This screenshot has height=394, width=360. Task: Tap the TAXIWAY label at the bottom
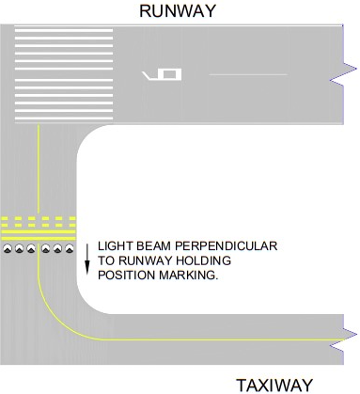(x=274, y=385)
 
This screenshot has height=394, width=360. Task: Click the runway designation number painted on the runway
(x=162, y=73)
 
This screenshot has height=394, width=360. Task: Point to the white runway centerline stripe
(x=247, y=73)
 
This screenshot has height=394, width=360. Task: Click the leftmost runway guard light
(x=8, y=250)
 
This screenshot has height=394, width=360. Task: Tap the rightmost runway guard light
(x=68, y=250)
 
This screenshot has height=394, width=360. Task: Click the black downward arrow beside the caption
(x=87, y=259)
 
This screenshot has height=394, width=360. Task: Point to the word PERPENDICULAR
(x=230, y=244)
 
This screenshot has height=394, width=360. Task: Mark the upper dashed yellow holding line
(x=38, y=219)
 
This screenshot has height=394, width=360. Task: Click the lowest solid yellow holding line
(x=38, y=235)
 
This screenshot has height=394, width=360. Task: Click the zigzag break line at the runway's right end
(x=347, y=73)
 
